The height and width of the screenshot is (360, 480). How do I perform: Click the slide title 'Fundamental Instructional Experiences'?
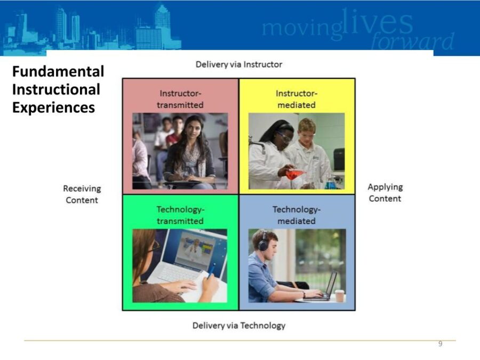click(x=58, y=90)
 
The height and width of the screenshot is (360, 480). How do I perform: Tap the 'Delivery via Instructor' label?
click(x=238, y=65)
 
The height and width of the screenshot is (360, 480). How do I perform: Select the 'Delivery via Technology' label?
click(x=238, y=325)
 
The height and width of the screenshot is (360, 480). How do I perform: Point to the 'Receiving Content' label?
click(x=82, y=194)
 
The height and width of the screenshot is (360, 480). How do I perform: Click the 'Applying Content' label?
click(x=385, y=193)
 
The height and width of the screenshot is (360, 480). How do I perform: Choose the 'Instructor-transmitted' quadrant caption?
click(x=180, y=99)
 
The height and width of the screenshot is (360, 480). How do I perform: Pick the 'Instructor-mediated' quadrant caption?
click(x=297, y=99)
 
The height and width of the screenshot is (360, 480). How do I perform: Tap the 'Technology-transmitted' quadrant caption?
click(x=180, y=215)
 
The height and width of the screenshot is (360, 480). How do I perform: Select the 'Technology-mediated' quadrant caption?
click(x=297, y=215)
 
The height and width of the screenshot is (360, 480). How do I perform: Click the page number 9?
click(x=440, y=344)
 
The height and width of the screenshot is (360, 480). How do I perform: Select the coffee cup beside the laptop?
click(x=339, y=295)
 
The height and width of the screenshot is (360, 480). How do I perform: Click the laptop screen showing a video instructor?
click(x=194, y=249)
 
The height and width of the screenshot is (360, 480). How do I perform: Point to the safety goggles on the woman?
click(x=285, y=137)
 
